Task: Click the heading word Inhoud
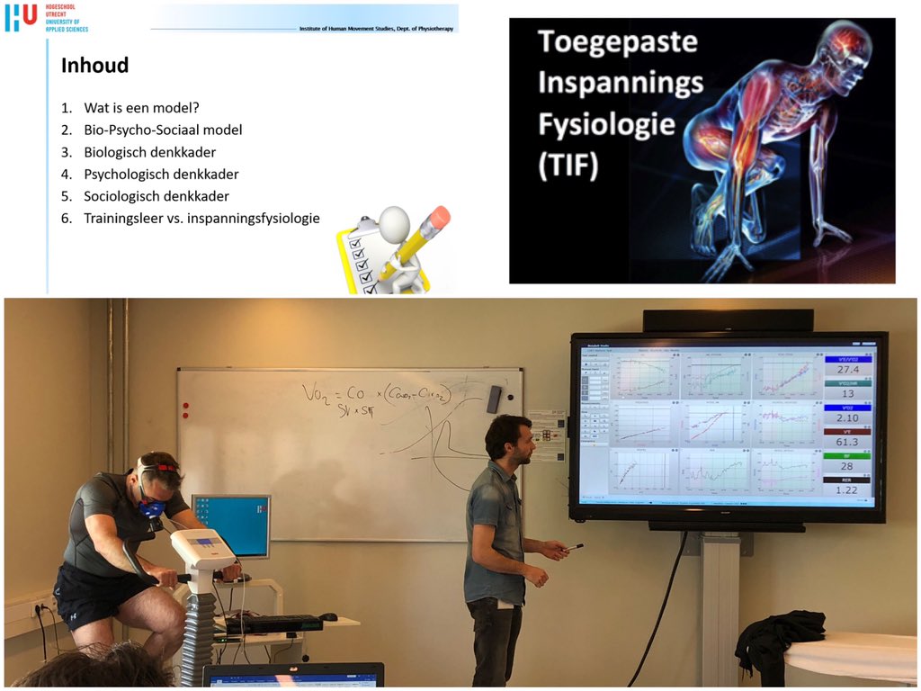[94, 66]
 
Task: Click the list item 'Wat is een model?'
[141, 108]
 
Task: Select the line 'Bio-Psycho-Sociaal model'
[163, 130]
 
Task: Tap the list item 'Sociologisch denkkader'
[156, 196]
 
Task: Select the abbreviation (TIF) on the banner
[568, 166]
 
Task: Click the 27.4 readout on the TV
[847, 369]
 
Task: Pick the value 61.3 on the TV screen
[847, 442]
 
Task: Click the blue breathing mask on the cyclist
[152, 507]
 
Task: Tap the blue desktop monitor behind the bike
[231, 526]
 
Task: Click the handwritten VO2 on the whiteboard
[317, 393]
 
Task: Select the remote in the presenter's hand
[573, 546]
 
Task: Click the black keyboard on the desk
[273, 622]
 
